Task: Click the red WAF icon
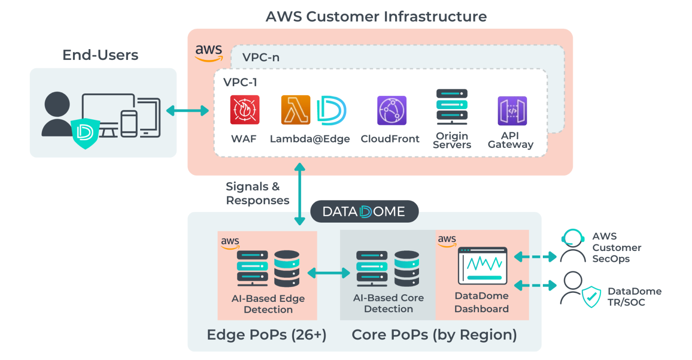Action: pos(245,110)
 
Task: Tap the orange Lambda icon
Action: pos(296,110)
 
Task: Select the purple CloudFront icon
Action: pos(392,110)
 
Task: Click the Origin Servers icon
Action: pos(452,107)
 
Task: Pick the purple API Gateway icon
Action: pos(512,111)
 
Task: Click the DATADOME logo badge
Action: pos(364,211)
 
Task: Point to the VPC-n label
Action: pos(260,58)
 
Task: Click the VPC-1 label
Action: pos(240,82)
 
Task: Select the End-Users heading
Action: pos(100,55)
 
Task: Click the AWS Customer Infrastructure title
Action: pos(376,17)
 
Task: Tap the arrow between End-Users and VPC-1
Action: pos(187,110)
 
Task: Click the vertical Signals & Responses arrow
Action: pos(300,194)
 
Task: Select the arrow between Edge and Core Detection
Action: pos(329,273)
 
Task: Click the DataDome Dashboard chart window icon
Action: pos(483,265)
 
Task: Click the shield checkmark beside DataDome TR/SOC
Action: pos(591,296)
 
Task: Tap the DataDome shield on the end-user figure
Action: pos(85,132)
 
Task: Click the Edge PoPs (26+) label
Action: pos(266,335)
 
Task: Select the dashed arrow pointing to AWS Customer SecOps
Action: pos(536,257)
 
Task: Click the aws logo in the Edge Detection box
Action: pos(230,242)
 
